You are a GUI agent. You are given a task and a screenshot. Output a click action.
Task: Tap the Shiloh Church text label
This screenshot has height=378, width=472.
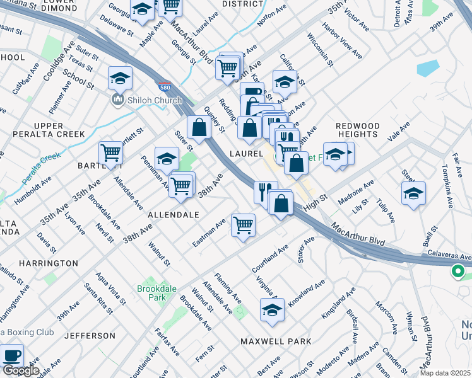coord(153,100)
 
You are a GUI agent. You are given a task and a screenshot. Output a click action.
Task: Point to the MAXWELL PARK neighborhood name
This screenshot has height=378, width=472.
coord(276,341)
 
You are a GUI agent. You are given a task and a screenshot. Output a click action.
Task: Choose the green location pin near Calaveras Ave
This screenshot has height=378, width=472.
coord(457,272)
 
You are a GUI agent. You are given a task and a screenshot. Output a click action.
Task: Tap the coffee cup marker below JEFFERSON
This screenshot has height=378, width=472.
coord(11,355)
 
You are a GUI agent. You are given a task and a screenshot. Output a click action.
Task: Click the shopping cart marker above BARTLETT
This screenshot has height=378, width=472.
coord(110,153)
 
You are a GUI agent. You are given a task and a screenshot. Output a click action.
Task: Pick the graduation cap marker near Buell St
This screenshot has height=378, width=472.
coord(413,194)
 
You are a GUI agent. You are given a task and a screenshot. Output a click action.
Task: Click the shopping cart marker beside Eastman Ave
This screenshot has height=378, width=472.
coord(243,225)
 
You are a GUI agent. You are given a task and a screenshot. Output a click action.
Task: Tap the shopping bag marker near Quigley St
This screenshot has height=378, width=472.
coord(199,127)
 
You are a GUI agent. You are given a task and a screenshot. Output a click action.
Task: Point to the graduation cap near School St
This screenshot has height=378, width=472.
coord(120,79)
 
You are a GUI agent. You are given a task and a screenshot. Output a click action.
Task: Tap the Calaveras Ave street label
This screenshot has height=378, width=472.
coord(449,257)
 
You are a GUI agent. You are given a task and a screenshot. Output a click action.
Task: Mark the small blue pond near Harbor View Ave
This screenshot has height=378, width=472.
coord(427,67)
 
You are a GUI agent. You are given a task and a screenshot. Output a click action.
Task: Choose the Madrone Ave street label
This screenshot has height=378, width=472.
coord(357,190)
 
